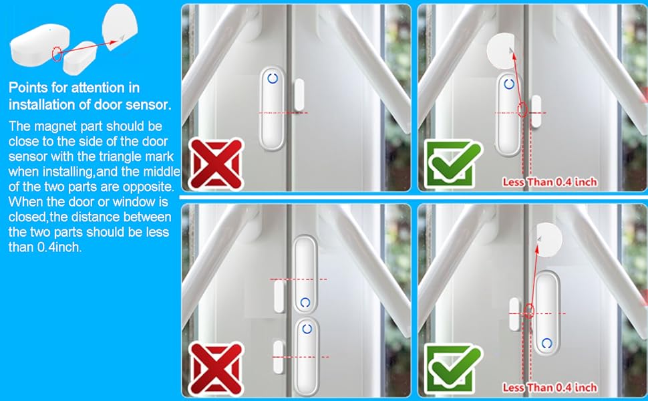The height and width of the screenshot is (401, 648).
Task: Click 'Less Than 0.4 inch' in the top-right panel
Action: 549,182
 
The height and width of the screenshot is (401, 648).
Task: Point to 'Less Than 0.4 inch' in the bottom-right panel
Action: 549,388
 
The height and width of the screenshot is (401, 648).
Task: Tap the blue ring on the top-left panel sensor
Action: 273,78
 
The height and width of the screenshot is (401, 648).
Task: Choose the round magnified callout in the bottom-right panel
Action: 549,239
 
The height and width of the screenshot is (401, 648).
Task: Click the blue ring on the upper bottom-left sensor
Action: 306,302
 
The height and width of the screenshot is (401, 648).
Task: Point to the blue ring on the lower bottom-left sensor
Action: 307,328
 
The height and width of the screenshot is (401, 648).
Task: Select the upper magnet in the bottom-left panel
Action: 280,296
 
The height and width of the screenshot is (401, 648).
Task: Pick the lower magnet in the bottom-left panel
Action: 279,356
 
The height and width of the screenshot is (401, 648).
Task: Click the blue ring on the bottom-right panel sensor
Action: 547,343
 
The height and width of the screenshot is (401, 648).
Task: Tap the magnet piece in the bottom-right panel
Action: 514,313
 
